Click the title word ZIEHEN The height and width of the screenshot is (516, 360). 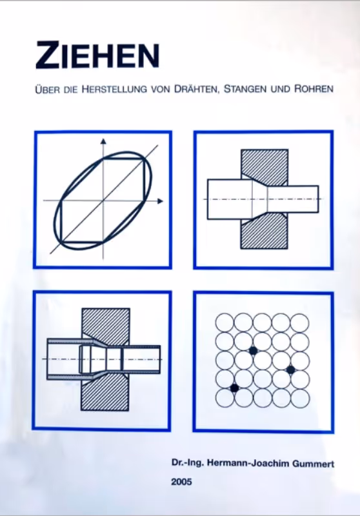tap(97, 55)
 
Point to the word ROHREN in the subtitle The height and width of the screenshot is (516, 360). tap(314, 89)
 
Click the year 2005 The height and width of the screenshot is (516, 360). tap(181, 482)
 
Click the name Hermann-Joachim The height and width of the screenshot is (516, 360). tap(249, 464)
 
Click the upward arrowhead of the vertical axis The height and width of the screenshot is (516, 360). tap(103, 141)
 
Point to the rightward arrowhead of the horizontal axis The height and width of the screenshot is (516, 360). tap(160, 201)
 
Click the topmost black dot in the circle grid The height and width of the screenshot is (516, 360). tap(253, 351)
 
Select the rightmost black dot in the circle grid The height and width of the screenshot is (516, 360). tap(290, 370)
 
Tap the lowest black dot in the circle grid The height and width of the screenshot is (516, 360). tap(234, 388)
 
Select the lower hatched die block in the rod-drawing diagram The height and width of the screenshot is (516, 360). tap(265, 233)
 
